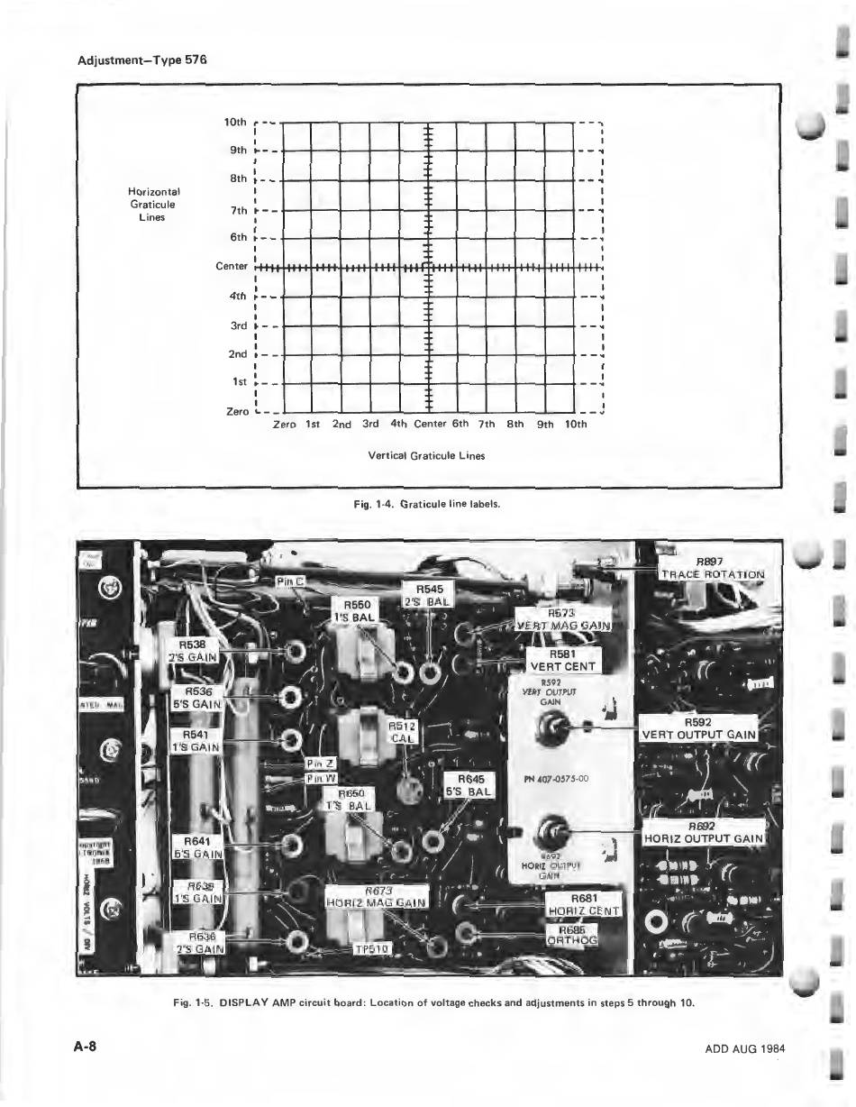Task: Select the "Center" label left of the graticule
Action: tap(232, 267)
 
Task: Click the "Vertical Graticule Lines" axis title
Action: tap(426, 455)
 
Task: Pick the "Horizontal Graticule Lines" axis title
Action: tap(155, 204)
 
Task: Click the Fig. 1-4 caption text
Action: tap(427, 504)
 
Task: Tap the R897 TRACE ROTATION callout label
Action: tap(713, 568)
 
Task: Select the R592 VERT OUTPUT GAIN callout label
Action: tap(698, 728)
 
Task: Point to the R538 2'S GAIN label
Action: tap(193, 650)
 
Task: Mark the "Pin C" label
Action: tap(291, 582)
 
